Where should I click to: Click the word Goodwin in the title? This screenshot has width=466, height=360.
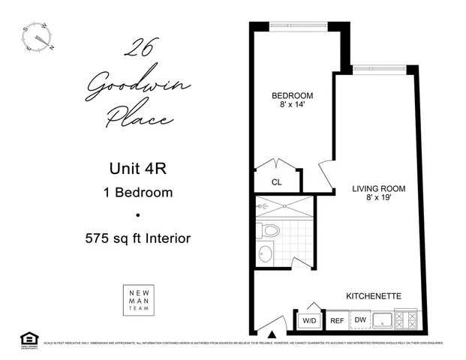[x=137, y=87]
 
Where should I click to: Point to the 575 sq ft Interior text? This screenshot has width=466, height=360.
[x=137, y=238]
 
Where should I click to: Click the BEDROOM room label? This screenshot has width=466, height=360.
[x=292, y=96]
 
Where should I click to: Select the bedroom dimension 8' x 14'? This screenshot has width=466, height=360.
[x=292, y=106]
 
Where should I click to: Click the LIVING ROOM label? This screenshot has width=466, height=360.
[x=378, y=188]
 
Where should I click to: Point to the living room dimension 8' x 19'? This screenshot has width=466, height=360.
[x=378, y=199]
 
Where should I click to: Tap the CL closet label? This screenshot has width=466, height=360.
[x=277, y=181]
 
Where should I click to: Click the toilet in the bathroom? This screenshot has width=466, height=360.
[x=268, y=229]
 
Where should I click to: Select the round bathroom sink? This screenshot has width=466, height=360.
[x=264, y=253]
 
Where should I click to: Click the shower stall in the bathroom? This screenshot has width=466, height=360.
[x=284, y=205]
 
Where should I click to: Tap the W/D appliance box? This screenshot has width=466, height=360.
[x=309, y=320]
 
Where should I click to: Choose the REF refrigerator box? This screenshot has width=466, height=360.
[x=337, y=320]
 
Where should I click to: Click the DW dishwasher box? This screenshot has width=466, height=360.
[x=360, y=320]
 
